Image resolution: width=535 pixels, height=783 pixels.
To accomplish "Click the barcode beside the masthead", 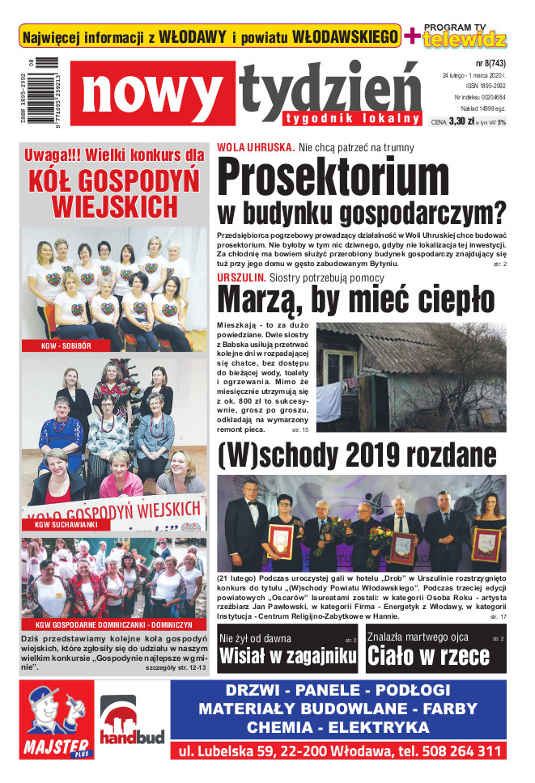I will pyautogui.click(x=47, y=90).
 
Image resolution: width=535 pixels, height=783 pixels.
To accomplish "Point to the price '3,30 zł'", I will pyautogui.click(x=461, y=122).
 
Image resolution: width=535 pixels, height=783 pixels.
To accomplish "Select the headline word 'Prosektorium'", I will pyautogui.click(x=333, y=177).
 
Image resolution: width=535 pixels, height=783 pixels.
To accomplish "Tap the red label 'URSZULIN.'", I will pyautogui.click(x=241, y=277).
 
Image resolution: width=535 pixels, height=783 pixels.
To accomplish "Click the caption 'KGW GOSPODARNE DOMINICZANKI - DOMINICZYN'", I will pyautogui.click(x=113, y=624).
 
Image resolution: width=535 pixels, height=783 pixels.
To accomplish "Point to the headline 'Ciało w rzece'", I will pyautogui.click(x=428, y=655).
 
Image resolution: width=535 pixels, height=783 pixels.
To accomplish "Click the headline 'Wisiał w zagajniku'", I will pyautogui.click(x=287, y=655).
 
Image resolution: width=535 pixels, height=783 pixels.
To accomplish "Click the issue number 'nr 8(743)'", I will pyautogui.click(x=490, y=61).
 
